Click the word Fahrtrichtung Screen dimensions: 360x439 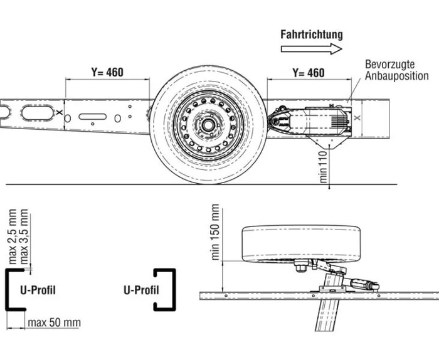pos(312,35)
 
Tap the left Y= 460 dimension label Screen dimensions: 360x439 pos(107,72)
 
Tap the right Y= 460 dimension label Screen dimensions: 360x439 pos(309,73)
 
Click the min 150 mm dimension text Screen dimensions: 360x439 pos(215,232)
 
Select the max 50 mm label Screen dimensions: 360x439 pos(54,322)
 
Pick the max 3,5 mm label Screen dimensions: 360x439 pos(24,237)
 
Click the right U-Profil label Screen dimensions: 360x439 pos(141,290)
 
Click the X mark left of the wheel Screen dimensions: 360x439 pos(58,113)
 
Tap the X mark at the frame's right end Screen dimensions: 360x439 pos(356,117)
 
